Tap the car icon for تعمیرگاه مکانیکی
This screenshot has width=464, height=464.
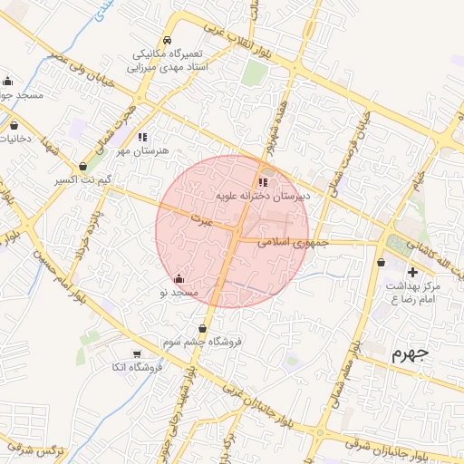point(167,42)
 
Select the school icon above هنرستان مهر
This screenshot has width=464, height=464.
point(141,137)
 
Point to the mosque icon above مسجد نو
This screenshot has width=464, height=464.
point(178,278)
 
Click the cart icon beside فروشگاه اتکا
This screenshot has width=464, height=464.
point(136,353)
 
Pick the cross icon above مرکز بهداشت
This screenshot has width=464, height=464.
point(413,272)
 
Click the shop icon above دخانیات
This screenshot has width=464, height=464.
point(14,125)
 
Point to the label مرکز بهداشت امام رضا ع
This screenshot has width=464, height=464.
point(412,292)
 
